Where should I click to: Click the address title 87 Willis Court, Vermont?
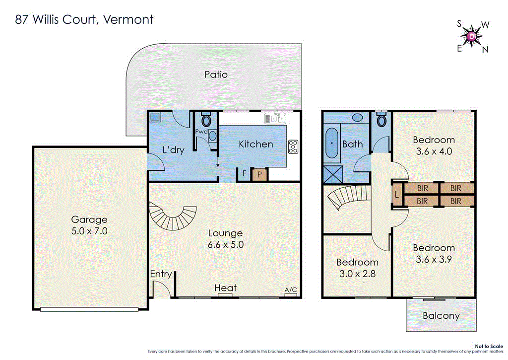pos(83,20)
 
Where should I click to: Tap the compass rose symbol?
pos(472,36)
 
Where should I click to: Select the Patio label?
pos(216,74)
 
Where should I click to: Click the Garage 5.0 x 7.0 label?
pos(89,225)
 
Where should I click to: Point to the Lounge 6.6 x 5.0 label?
pos(225,238)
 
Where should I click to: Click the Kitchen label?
pos(256,144)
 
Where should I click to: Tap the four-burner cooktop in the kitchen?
pos(293,146)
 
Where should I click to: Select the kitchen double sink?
pos(274,118)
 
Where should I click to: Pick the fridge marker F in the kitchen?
pos(244,174)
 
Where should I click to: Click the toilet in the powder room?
pos(206,121)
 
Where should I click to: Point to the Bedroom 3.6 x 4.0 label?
pos(434,145)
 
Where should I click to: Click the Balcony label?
pos(441,315)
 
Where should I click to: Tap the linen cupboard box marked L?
pos(397,195)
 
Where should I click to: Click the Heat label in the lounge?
pos(225,288)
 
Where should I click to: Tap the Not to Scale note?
pos(489,346)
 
